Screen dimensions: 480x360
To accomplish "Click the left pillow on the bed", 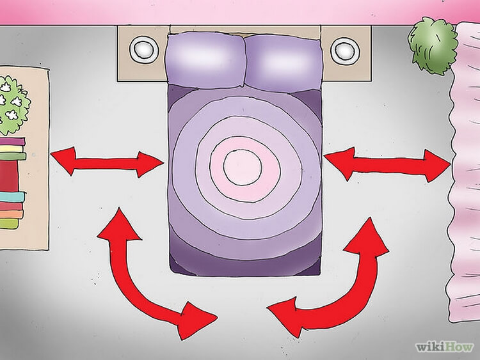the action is click(205, 60).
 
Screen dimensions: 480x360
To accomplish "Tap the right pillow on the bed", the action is click(284, 63).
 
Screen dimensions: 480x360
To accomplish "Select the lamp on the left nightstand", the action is click(144, 49).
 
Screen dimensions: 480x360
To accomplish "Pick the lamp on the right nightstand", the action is click(345, 50).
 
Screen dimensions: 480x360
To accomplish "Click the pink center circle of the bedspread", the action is click(243, 167).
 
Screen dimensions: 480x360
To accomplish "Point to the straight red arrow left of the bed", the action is click(106, 162).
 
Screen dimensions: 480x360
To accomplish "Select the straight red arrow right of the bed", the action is click(387, 164).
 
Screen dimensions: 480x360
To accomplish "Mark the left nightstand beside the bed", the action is click(143, 54).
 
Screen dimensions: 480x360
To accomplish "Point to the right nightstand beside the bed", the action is click(346, 54).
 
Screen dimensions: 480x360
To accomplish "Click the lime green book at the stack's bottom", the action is click(8, 223).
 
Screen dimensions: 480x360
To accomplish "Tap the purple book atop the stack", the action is click(12, 141).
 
